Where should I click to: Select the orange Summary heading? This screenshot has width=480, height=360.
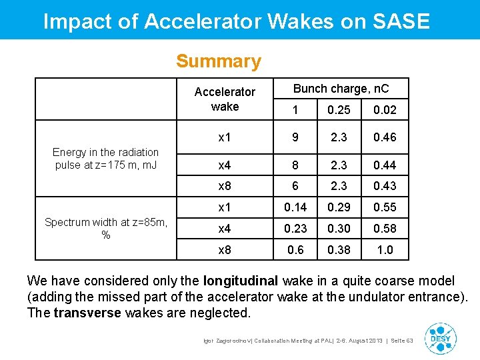pyautogui.click(x=219, y=61)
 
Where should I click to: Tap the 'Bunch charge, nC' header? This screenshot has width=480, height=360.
pyautogui.click(x=341, y=89)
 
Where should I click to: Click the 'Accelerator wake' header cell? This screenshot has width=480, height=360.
pyautogui.click(x=225, y=99)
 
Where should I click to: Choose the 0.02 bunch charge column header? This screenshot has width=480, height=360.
pyautogui.click(x=385, y=110)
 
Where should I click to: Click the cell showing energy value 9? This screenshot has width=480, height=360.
pyautogui.click(x=295, y=137)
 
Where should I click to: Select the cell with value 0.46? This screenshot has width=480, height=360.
pyautogui.click(x=385, y=137)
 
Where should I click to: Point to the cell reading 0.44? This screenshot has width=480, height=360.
pyautogui.click(x=385, y=165)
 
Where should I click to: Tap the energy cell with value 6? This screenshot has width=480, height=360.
pyautogui.click(x=295, y=186)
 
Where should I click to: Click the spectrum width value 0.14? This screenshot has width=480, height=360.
pyautogui.click(x=295, y=207)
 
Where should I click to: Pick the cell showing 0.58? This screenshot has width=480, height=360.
pyautogui.click(x=385, y=229)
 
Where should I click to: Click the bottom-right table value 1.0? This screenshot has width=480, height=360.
pyautogui.click(x=385, y=250)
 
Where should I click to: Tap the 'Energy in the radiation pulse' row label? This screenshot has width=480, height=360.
pyautogui.click(x=105, y=159)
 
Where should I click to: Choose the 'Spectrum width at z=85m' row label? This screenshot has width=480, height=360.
pyautogui.click(x=105, y=229)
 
